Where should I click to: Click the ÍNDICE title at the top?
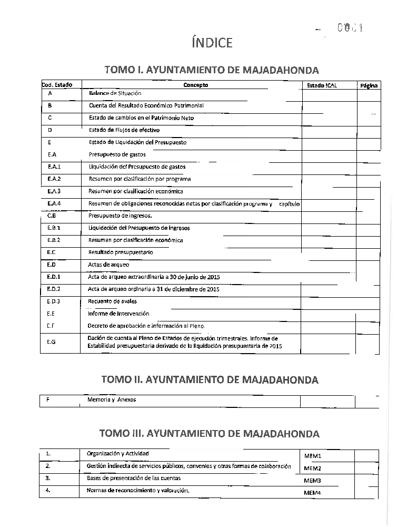(x=212, y=43)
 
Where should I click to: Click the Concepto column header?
(x=195, y=85)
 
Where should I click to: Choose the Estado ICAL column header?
(x=322, y=85)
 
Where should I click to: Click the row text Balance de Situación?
(x=115, y=93)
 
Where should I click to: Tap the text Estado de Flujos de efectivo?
(x=124, y=130)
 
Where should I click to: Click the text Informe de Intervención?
(x=118, y=314)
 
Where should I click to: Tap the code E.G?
(x=51, y=341)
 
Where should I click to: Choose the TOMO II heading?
(x=210, y=379)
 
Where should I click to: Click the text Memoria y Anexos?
(x=112, y=399)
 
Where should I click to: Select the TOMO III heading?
(x=210, y=434)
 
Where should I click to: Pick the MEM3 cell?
(x=312, y=481)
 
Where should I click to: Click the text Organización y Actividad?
(x=117, y=453)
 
